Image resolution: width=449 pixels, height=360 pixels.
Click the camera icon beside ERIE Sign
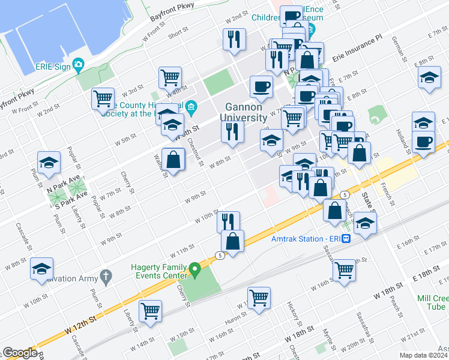tap(78, 64)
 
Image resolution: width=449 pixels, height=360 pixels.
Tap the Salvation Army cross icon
tap(106, 277)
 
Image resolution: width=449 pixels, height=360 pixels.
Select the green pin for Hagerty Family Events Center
tap(194, 271)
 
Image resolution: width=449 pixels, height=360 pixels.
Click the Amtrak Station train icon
tap(346, 238)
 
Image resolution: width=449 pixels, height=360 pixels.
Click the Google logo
tap(20, 353)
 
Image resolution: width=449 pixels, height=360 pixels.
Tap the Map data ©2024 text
tap(423, 355)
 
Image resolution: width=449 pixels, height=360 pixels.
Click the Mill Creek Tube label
tap(433, 302)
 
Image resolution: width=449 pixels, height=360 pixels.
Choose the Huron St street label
tap(236, 316)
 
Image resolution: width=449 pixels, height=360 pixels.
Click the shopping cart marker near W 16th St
tap(344, 270)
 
